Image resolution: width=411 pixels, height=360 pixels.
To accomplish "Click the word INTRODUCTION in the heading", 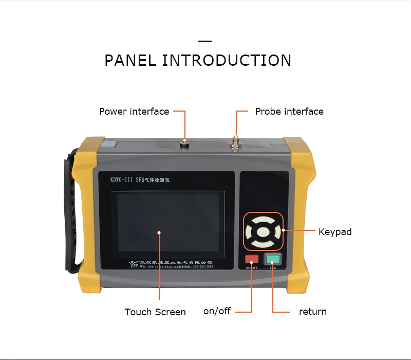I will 227,60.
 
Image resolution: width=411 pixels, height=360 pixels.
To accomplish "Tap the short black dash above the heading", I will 205,41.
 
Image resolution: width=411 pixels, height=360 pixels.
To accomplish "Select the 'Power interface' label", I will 134,111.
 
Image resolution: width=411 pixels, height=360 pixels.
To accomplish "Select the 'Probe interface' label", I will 289,111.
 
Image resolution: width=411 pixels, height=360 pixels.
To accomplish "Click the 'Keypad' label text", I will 335,232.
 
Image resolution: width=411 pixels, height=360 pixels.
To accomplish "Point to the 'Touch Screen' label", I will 155,312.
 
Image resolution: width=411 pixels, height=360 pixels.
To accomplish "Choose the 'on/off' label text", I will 217,311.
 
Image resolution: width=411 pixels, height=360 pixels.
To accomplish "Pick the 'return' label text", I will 312,312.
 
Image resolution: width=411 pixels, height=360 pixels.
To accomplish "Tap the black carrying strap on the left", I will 71,216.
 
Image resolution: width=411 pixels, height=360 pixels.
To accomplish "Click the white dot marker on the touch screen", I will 159,232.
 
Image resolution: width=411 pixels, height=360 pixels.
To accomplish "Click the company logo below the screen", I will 134,264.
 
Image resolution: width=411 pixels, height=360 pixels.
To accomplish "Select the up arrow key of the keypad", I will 263,219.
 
